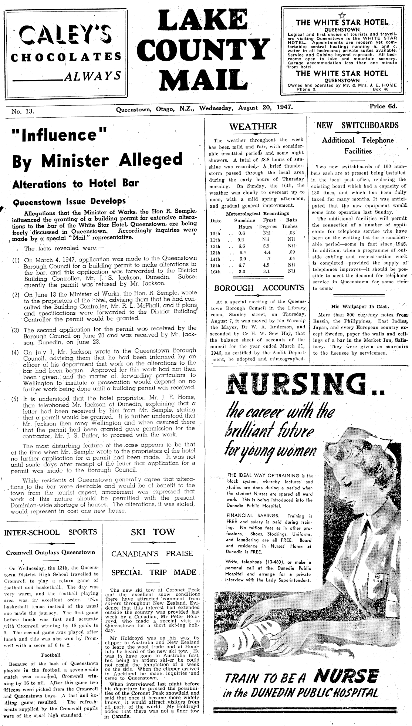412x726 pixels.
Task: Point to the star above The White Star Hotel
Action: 341,15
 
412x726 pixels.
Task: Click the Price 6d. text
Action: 384,107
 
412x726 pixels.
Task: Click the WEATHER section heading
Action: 253,126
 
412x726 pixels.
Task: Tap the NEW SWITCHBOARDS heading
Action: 358,125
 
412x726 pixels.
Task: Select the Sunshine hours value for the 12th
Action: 243,246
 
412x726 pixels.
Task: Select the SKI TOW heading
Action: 153,532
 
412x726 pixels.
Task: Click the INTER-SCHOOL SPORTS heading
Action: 50,532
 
